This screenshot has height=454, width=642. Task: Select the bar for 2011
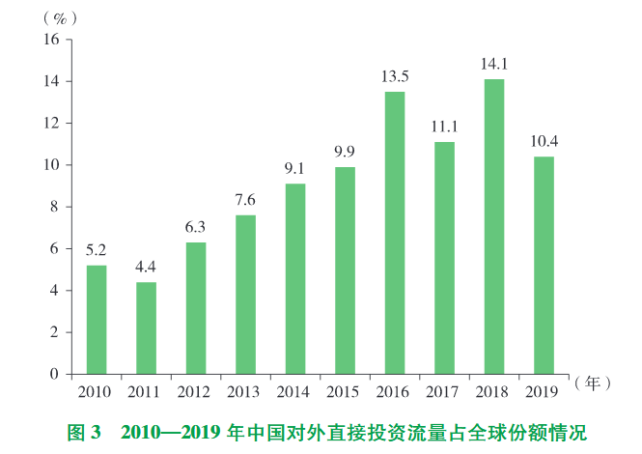146,327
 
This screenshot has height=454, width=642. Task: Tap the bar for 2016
394,233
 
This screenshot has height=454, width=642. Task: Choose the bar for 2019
543,265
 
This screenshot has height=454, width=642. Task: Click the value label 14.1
493,66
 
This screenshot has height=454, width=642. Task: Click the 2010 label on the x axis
96,392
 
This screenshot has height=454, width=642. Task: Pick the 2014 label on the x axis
294,392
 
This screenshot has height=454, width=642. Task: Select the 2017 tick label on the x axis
444,392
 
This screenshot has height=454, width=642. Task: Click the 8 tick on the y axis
55,207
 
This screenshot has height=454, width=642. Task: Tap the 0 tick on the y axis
55,374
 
